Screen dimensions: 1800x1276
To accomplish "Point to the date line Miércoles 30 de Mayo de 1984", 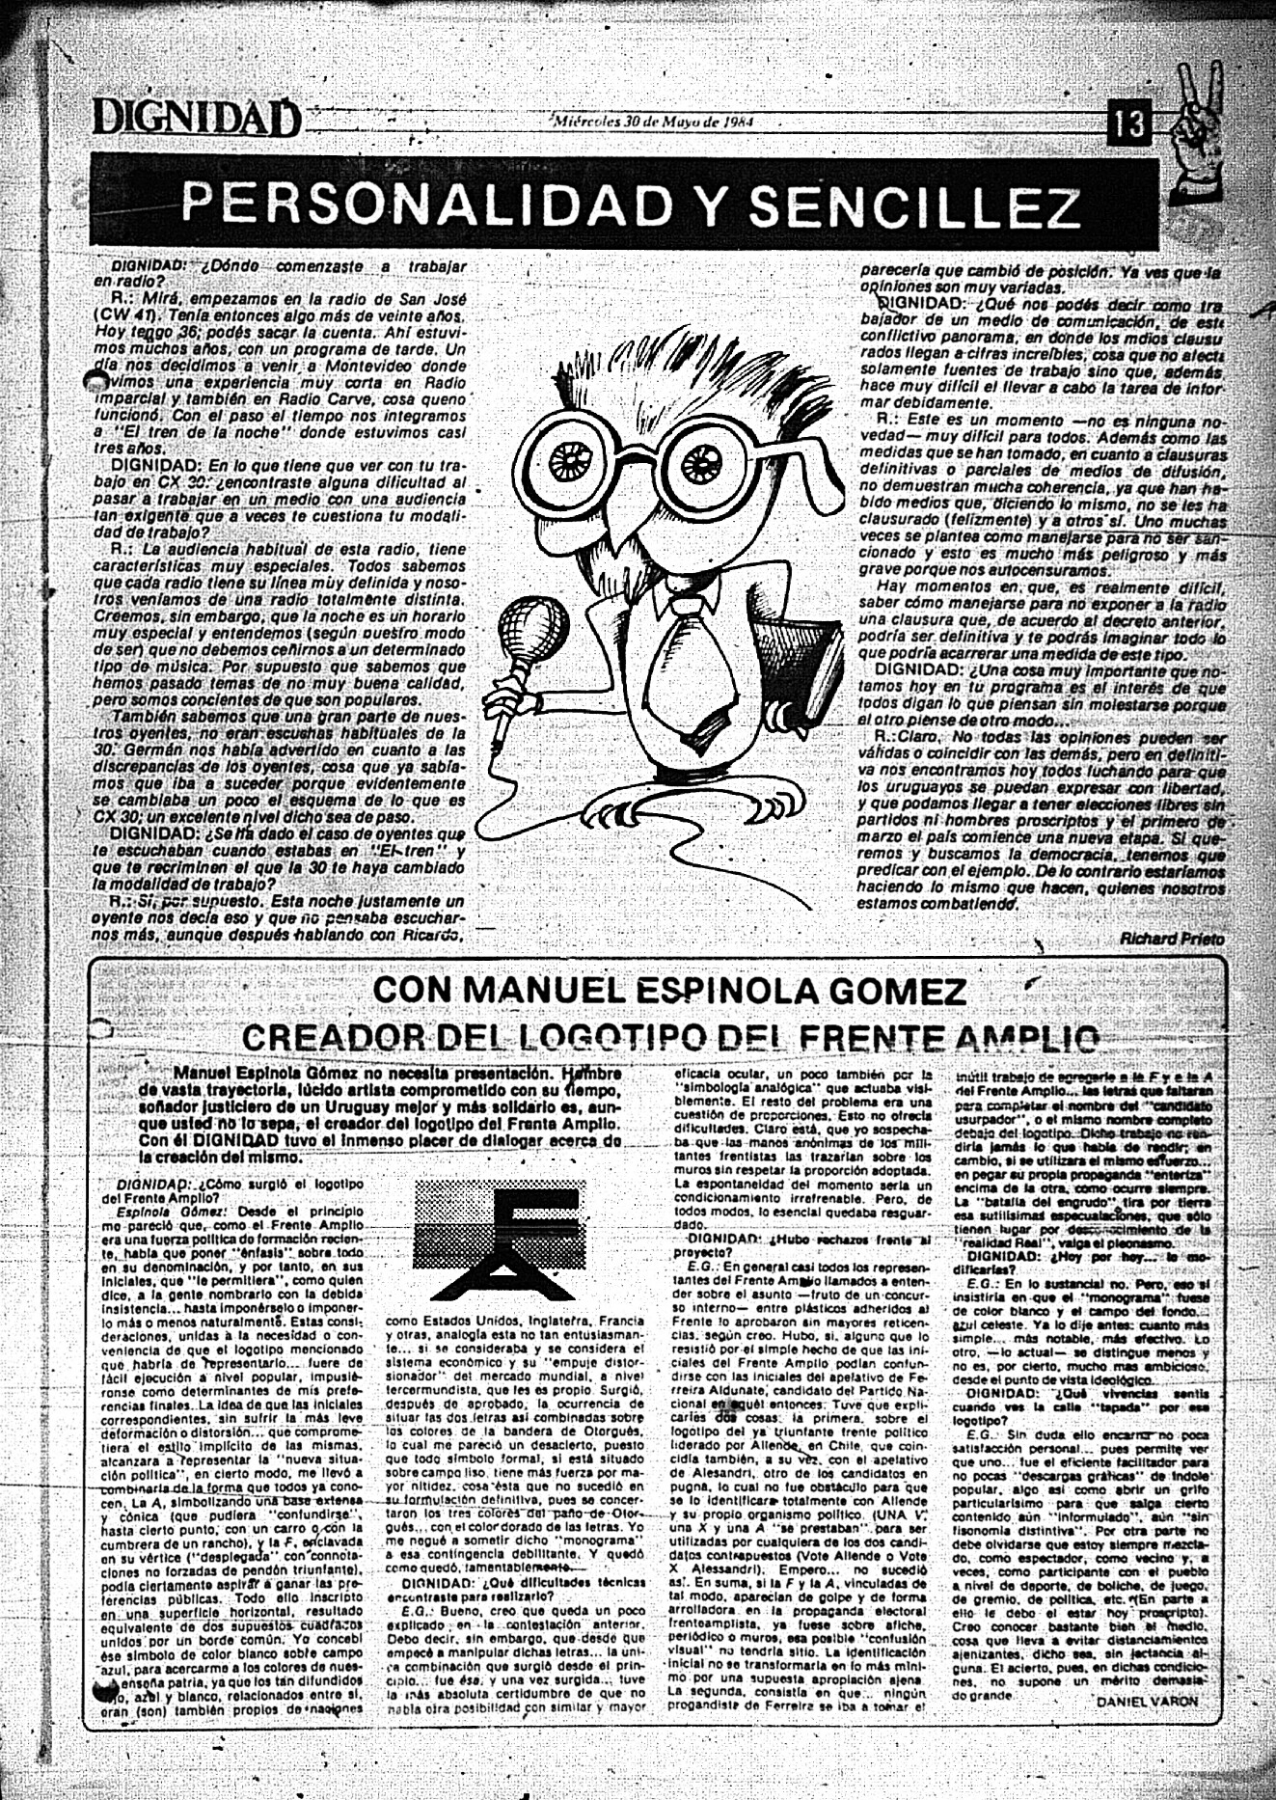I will pyautogui.click(x=653, y=123).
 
